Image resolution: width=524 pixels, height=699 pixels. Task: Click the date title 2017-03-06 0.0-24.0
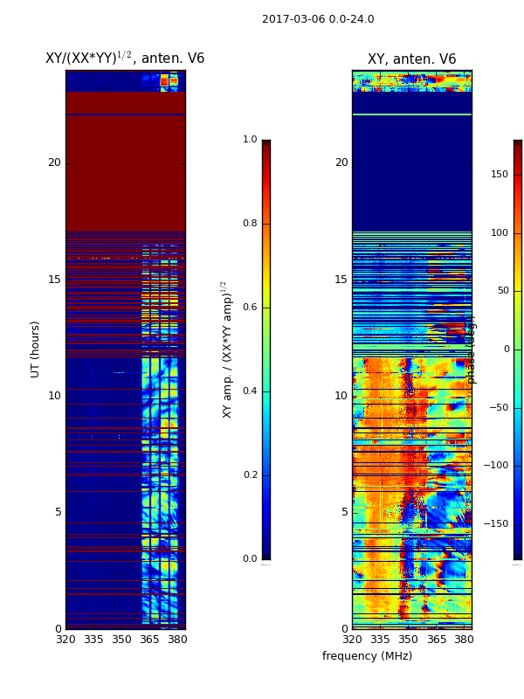coord(318,19)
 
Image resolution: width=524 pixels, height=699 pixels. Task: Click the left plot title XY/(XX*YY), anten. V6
coord(125,59)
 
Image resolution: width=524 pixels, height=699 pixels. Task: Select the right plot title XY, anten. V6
coord(411,59)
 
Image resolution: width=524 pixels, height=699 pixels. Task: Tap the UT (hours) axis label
coord(36,349)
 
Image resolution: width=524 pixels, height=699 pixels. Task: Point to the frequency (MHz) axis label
coord(367,656)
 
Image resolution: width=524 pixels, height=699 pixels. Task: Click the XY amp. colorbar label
coord(227,349)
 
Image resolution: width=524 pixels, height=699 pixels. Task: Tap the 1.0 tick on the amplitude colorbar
coord(250,140)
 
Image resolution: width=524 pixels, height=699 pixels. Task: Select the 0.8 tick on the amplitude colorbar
coord(250,224)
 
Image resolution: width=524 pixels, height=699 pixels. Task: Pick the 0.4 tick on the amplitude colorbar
coord(250,391)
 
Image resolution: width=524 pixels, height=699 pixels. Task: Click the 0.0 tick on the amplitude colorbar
coord(250,559)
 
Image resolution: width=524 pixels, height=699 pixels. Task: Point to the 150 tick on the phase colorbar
coord(499,175)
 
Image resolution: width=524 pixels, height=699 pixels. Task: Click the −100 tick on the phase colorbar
coord(495,466)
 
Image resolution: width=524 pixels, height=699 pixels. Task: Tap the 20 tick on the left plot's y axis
coord(54,163)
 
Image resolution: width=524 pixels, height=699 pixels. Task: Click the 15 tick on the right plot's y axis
coord(341,280)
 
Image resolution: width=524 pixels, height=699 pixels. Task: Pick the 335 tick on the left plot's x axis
coord(93,640)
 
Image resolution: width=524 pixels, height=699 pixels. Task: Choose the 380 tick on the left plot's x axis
coord(177,640)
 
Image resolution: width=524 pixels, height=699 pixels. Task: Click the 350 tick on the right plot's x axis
coord(408,640)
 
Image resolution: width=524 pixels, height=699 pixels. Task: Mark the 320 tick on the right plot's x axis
coord(352,640)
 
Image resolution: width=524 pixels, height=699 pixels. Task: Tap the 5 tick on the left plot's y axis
coord(58,513)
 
